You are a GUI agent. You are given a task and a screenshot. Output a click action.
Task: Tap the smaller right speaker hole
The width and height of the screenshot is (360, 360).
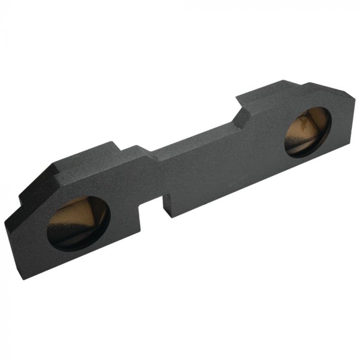308,132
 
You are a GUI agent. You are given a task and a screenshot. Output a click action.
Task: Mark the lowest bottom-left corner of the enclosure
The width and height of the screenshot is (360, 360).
24,278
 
